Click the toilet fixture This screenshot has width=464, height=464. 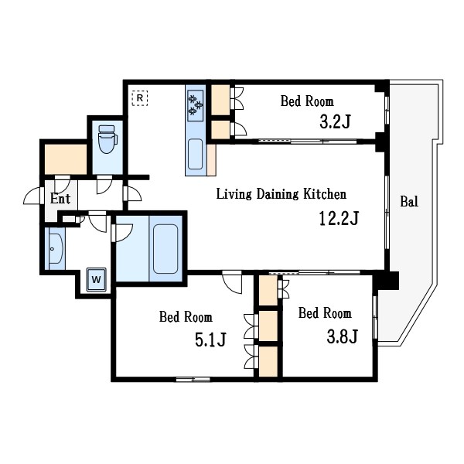(107, 139)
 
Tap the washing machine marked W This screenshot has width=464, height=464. (97, 280)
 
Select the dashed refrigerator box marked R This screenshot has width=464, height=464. (140, 98)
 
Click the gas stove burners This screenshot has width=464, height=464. (196, 105)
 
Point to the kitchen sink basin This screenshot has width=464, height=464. (196, 154)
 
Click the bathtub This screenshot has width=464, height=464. (165, 249)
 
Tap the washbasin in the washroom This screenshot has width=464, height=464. (55, 248)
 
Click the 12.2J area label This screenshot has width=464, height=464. (339, 218)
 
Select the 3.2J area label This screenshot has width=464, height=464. (336, 121)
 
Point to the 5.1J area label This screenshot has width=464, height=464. (210, 339)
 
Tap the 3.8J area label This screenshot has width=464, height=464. (343, 336)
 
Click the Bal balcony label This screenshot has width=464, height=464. (409, 202)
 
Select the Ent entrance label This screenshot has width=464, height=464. (60, 198)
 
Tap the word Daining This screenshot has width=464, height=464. (278, 194)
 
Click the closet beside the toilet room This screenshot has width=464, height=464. (66, 159)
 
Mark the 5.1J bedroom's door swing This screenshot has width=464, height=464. (232, 282)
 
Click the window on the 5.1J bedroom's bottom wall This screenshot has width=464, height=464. (193, 379)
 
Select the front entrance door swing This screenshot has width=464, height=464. (32, 196)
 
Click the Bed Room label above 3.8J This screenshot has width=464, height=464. (325, 313)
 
